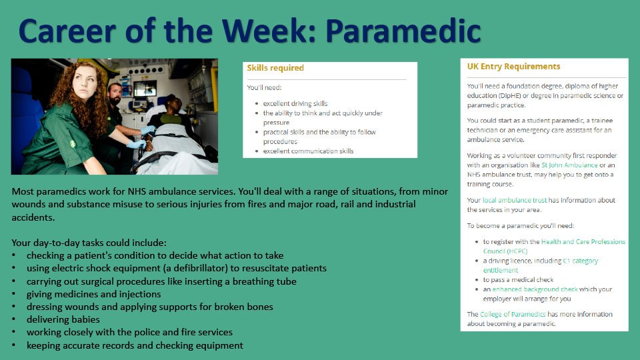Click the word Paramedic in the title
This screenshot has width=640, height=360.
point(403,31)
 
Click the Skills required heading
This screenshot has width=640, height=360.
point(275,68)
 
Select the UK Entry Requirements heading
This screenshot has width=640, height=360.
point(513,67)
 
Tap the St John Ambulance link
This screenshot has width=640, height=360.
point(569,165)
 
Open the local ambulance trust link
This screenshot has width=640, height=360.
point(514,200)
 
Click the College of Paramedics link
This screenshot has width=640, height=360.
point(513,314)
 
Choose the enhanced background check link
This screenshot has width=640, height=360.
point(535,289)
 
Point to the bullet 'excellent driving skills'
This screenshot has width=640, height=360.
point(295,104)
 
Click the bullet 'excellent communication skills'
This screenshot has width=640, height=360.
point(308,151)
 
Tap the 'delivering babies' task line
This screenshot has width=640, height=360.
point(63,319)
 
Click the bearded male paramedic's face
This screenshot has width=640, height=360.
point(115,94)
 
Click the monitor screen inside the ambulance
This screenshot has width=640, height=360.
point(145,89)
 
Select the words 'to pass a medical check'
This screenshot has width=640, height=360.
point(518,279)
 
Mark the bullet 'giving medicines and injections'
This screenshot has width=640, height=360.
point(94,294)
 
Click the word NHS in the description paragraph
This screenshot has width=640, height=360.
point(137,191)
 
